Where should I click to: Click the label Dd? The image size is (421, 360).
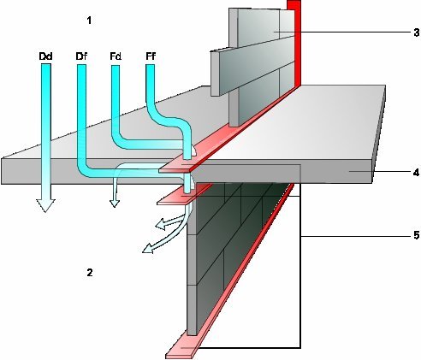click(x=45, y=56)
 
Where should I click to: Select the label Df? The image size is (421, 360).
click(x=81, y=56)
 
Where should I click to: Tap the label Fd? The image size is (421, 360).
click(x=116, y=56)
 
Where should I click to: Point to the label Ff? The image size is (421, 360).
click(x=151, y=56)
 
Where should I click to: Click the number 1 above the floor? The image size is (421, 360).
click(x=89, y=21)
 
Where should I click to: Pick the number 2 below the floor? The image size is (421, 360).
click(x=90, y=273)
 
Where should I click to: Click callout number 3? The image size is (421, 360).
click(x=417, y=32)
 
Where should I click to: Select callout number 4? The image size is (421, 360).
click(x=417, y=173)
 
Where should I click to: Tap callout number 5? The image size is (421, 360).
click(x=417, y=235)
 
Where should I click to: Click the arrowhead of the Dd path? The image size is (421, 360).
click(x=45, y=205)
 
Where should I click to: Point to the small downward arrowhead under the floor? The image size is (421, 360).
click(x=115, y=203)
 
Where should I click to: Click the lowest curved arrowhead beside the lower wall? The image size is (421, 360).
click(x=148, y=249)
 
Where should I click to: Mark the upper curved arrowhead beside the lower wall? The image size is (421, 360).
click(x=160, y=224)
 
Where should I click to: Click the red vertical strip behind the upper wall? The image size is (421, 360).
click(x=294, y=43)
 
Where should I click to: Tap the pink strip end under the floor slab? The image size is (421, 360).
click(x=175, y=198)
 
